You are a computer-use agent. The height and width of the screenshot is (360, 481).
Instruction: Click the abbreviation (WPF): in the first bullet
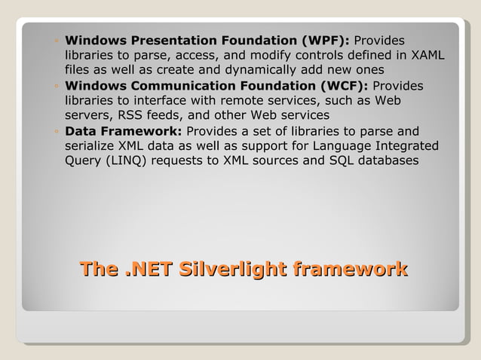click(325, 40)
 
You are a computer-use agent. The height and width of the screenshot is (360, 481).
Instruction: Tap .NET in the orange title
click(146, 269)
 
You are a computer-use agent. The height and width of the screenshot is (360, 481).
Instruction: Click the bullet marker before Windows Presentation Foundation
click(57, 41)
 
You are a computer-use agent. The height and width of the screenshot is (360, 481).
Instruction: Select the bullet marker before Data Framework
click(57, 131)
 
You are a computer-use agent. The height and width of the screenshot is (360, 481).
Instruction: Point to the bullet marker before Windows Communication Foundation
click(57, 86)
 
